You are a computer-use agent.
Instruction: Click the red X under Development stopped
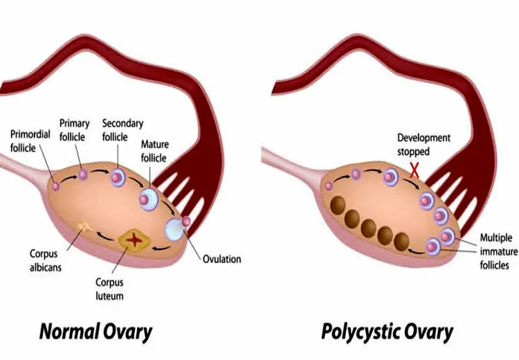coord(415,170)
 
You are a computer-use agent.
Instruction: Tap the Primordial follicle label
coord(30,141)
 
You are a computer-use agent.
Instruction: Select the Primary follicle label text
coord(75,130)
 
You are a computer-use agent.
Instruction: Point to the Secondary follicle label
coord(122,130)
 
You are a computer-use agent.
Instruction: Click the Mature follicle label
coord(154,151)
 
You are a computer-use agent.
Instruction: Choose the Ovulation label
coord(221,259)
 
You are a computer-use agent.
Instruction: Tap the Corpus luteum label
coord(109,289)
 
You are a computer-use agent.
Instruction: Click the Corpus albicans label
coord(46,260)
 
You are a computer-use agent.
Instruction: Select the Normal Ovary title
coord(95,332)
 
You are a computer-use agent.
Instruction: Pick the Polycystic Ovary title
coord(388,332)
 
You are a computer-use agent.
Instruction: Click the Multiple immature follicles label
coord(498,251)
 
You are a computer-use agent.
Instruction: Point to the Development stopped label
coord(424,145)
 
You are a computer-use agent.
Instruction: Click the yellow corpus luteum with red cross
coord(134,240)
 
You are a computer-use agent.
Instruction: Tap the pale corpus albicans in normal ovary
coord(84,227)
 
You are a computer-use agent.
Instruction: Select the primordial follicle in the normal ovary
coord(56,186)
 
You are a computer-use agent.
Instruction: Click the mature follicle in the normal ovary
coord(148,199)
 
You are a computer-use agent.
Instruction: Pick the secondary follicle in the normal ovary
coord(118,178)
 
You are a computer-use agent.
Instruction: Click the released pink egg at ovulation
coord(186,222)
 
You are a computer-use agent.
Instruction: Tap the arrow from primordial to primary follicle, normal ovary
coord(69,178)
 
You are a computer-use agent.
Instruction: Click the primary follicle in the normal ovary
coord(83,174)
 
